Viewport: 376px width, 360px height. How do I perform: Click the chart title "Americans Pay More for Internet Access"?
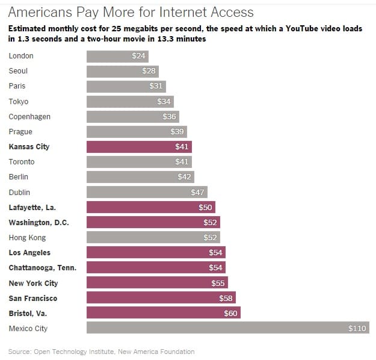tap(131, 12)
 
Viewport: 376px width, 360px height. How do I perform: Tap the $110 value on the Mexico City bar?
tap(356, 328)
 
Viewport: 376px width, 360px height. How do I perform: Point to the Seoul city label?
tap(19, 71)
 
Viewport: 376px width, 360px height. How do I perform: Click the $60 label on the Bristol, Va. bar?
tap(231, 313)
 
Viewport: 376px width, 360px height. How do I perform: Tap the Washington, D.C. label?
tap(39, 223)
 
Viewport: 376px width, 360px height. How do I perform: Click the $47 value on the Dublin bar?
tap(197, 192)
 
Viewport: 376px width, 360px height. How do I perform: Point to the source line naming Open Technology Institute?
tap(101, 352)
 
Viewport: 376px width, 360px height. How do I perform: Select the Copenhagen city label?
tap(29, 116)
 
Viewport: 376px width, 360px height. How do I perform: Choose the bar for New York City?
tap(155, 283)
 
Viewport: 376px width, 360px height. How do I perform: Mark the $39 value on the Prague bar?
tap(177, 132)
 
